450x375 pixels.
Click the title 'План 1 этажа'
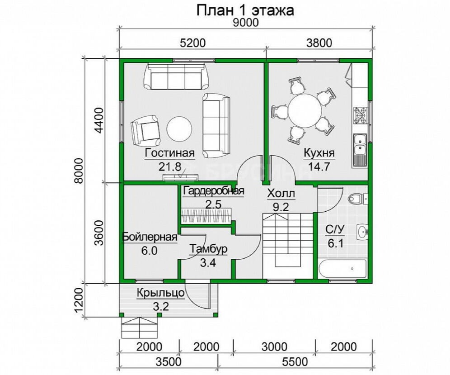pyautogui.click(x=245, y=11)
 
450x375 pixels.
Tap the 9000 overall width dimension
pyautogui.click(x=246, y=23)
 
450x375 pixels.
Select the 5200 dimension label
pyautogui.click(x=193, y=43)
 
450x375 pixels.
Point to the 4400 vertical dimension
pyautogui.click(x=99, y=120)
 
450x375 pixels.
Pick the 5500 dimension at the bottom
pyautogui.click(x=295, y=361)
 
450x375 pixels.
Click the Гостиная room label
pyautogui.click(x=169, y=153)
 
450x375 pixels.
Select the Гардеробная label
pyautogui.click(x=214, y=191)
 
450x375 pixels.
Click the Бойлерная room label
pyautogui.click(x=150, y=237)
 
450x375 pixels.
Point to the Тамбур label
pyautogui.click(x=208, y=249)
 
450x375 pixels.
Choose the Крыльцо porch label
pyautogui.click(x=161, y=294)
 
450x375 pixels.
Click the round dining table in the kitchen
pyautogui.click(x=305, y=110)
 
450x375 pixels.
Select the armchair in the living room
pyautogui.click(x=145, y=130)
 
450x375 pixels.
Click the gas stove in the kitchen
pyautogui.click(x=360, y=115)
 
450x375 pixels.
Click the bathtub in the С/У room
pyautogui.click(x=342, y=269)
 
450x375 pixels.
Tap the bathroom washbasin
pyautogui.click(x=362, y=231)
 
